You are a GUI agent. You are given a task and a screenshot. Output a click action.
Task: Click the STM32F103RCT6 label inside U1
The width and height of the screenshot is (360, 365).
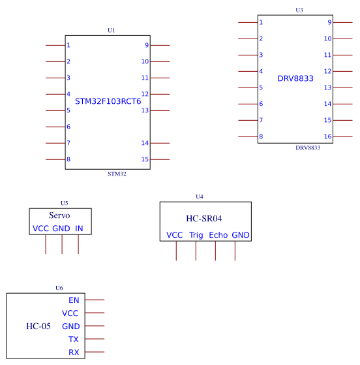[108, 101]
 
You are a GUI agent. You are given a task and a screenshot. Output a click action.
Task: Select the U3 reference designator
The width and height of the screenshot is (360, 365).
[299, 10]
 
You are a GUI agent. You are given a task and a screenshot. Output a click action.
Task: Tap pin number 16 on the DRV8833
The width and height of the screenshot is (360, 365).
[327, 136]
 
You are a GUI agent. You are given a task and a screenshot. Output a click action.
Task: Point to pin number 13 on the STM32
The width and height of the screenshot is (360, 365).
[145, 110]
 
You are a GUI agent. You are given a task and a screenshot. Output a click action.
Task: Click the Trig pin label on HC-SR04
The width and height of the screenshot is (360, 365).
[196, 235]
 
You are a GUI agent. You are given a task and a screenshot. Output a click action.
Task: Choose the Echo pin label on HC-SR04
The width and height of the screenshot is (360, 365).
[218, 235]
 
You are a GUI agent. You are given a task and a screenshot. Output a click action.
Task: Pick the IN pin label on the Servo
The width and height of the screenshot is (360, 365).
[79, 229]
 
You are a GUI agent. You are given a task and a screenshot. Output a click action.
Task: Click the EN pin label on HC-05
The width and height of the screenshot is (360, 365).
[74, 300]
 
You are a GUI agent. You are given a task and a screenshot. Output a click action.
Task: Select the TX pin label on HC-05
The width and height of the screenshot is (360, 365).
[74, 340]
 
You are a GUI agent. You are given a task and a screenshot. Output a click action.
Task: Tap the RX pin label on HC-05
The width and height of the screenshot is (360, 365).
[74, 353]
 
